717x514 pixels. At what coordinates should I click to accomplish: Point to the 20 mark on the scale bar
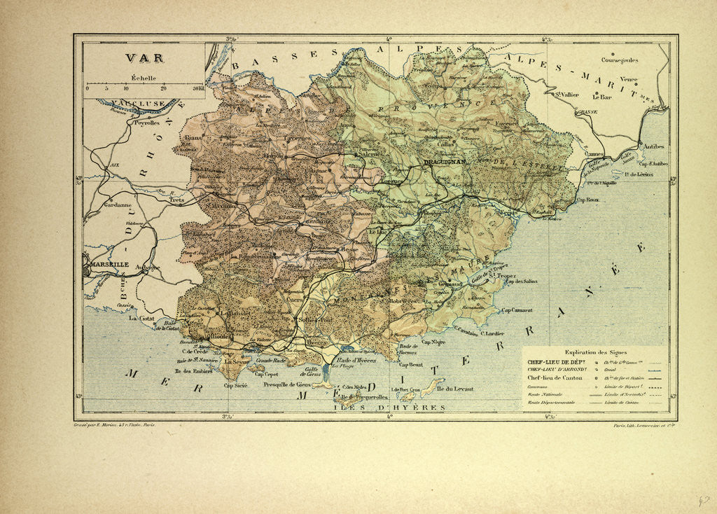tap(163, 88)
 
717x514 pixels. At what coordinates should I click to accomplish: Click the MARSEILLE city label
tap(109, 265)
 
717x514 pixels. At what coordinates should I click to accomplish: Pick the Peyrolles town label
tap(144, 122)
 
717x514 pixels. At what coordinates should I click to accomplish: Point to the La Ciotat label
tap(143, 318)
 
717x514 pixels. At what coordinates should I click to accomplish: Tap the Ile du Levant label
tap(453, 389)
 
